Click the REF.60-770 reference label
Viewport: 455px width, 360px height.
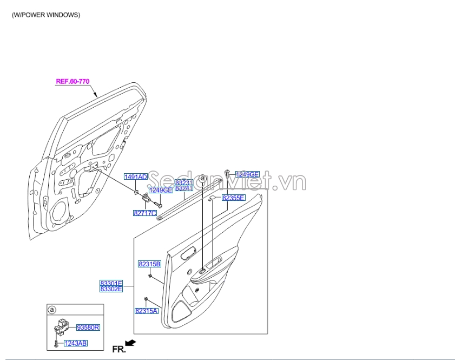point(72,82)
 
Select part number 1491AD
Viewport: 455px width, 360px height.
point(136,177)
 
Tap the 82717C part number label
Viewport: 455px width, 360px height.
point(144,213)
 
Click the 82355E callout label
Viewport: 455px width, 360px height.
point(234,198)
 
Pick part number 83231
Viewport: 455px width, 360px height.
point(184,183)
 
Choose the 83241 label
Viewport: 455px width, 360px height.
point(184,188)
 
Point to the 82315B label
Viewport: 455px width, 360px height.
point(149,264)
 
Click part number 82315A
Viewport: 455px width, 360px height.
point(146,311)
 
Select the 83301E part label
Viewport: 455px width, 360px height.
point(111,283)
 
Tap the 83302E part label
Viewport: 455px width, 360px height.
point(111,289)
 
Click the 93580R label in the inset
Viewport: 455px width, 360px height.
point(89,328)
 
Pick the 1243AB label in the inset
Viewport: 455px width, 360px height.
point(76,343)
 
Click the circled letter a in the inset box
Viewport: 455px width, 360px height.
point(52,310)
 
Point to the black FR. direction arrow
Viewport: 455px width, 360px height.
point(130,343)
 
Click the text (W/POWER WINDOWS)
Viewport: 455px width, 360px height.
point(46,15)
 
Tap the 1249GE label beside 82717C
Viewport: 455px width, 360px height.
point(161,190)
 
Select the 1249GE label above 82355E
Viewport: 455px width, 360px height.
point(247,174)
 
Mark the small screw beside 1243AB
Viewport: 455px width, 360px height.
point(56,343)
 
